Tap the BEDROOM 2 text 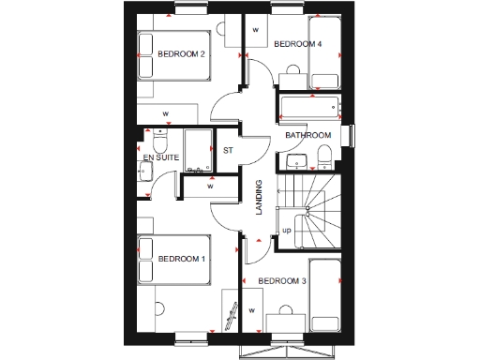click(x=181, y=54)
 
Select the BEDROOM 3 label click(x=281, y=281)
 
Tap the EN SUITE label click(x=161, y=157)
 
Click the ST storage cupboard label click(x=227, y=150)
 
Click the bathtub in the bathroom click(x=310, y=106)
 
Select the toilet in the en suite click(x=158, y=142)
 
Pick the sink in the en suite click(x=145, y=172)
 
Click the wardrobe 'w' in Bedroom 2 click(x=165, y=113)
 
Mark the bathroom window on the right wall click(x=351, y=134)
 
